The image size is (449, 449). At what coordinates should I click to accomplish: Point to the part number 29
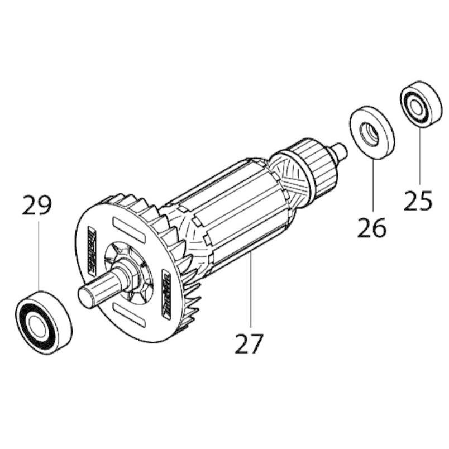pyautogui.click(x=37, y=205)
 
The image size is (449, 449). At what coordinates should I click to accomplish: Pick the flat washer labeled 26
pyautogui.click(x=372, y=132)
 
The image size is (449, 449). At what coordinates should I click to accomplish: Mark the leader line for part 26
pyautogui.click(x=372, y=184)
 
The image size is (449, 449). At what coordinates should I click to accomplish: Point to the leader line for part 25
pyautogui.click(x=419, y=156)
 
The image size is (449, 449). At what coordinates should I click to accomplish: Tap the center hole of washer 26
pyautogui.click(x=369, y=133)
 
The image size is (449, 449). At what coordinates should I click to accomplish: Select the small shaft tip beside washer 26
pyautogui.click(x=338, y=150)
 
